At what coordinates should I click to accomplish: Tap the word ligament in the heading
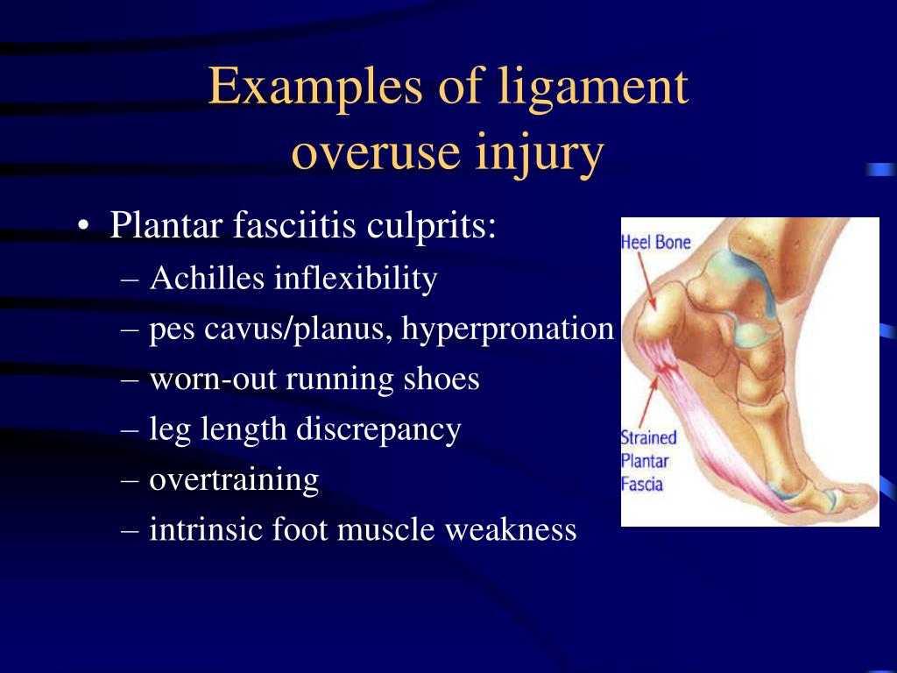[x=593, y=89]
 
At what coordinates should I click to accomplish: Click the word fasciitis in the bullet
[x=294, y=224]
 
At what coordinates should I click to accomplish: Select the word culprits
[x=431, y=227]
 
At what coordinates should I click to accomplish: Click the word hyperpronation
[x=507, y=330]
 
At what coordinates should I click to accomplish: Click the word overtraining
[x=233, y=481]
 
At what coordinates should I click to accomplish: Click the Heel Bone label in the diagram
[x=655, y=242]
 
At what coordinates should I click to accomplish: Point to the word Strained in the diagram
[x=649, y=438]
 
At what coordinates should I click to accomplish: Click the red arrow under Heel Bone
[x=647, y=283]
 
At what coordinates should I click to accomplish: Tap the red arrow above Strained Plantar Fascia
[x=649, y=400]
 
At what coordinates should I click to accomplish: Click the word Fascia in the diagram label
[x=642, y=484]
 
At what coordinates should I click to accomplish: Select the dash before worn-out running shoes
[x=130, y=380]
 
